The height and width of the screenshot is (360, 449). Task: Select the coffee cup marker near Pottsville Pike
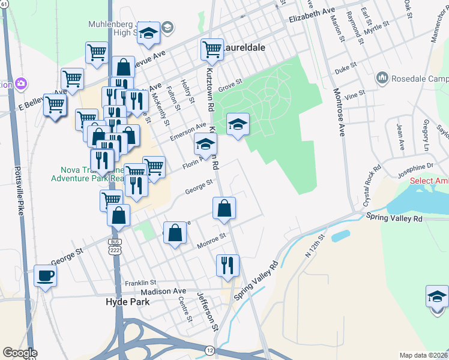(x=46, y=276)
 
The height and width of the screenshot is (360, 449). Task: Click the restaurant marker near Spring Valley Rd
(x=228, y=265)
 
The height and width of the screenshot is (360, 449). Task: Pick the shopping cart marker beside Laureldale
(x=211, y=50)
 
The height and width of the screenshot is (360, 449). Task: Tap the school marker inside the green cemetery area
(x=238, y=125)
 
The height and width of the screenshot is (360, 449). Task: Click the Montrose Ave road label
(x=340, y=113)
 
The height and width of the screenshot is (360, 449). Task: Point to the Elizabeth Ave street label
(x=312, y=15)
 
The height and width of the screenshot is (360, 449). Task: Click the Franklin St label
(x=140, y=283)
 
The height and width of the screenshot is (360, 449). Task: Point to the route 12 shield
(x=209, y=350)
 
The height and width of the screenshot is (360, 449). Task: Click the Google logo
(x=20, y=353)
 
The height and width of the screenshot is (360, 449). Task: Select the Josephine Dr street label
(x=415, y=167)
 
